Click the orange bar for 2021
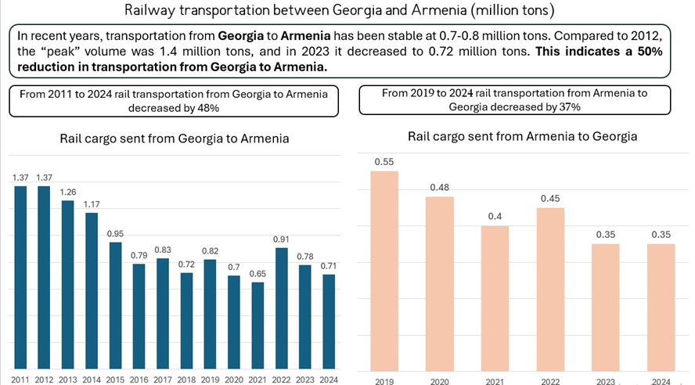(495, 297)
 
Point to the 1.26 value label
(67, 192)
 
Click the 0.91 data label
(281, 239)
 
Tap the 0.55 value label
(384, 162)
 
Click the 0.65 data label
(257, 274)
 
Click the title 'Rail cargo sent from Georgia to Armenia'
(175, 139)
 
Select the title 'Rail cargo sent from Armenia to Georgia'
(522, 136)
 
